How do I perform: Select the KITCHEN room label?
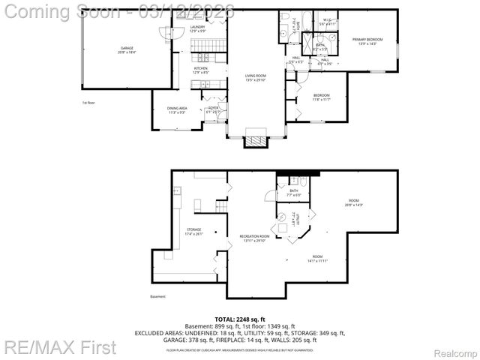201,70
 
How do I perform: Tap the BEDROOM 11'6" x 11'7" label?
322,97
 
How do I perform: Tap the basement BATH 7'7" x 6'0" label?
294,193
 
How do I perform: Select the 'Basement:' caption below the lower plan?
157,296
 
